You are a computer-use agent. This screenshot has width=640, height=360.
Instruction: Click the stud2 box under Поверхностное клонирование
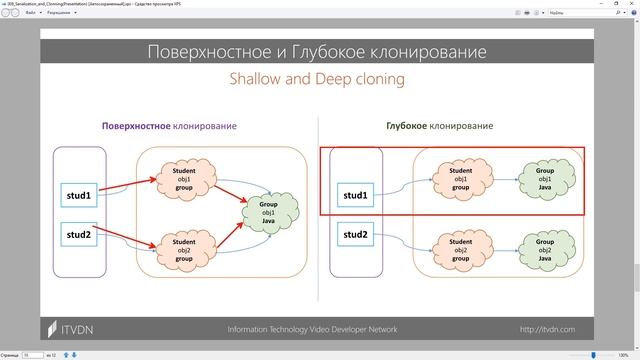79,235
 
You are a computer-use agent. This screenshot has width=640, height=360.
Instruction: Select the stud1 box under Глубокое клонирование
356,195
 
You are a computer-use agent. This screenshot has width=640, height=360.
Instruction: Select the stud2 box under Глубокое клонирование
356,235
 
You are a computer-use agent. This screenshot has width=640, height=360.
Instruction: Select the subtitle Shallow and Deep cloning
317,78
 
